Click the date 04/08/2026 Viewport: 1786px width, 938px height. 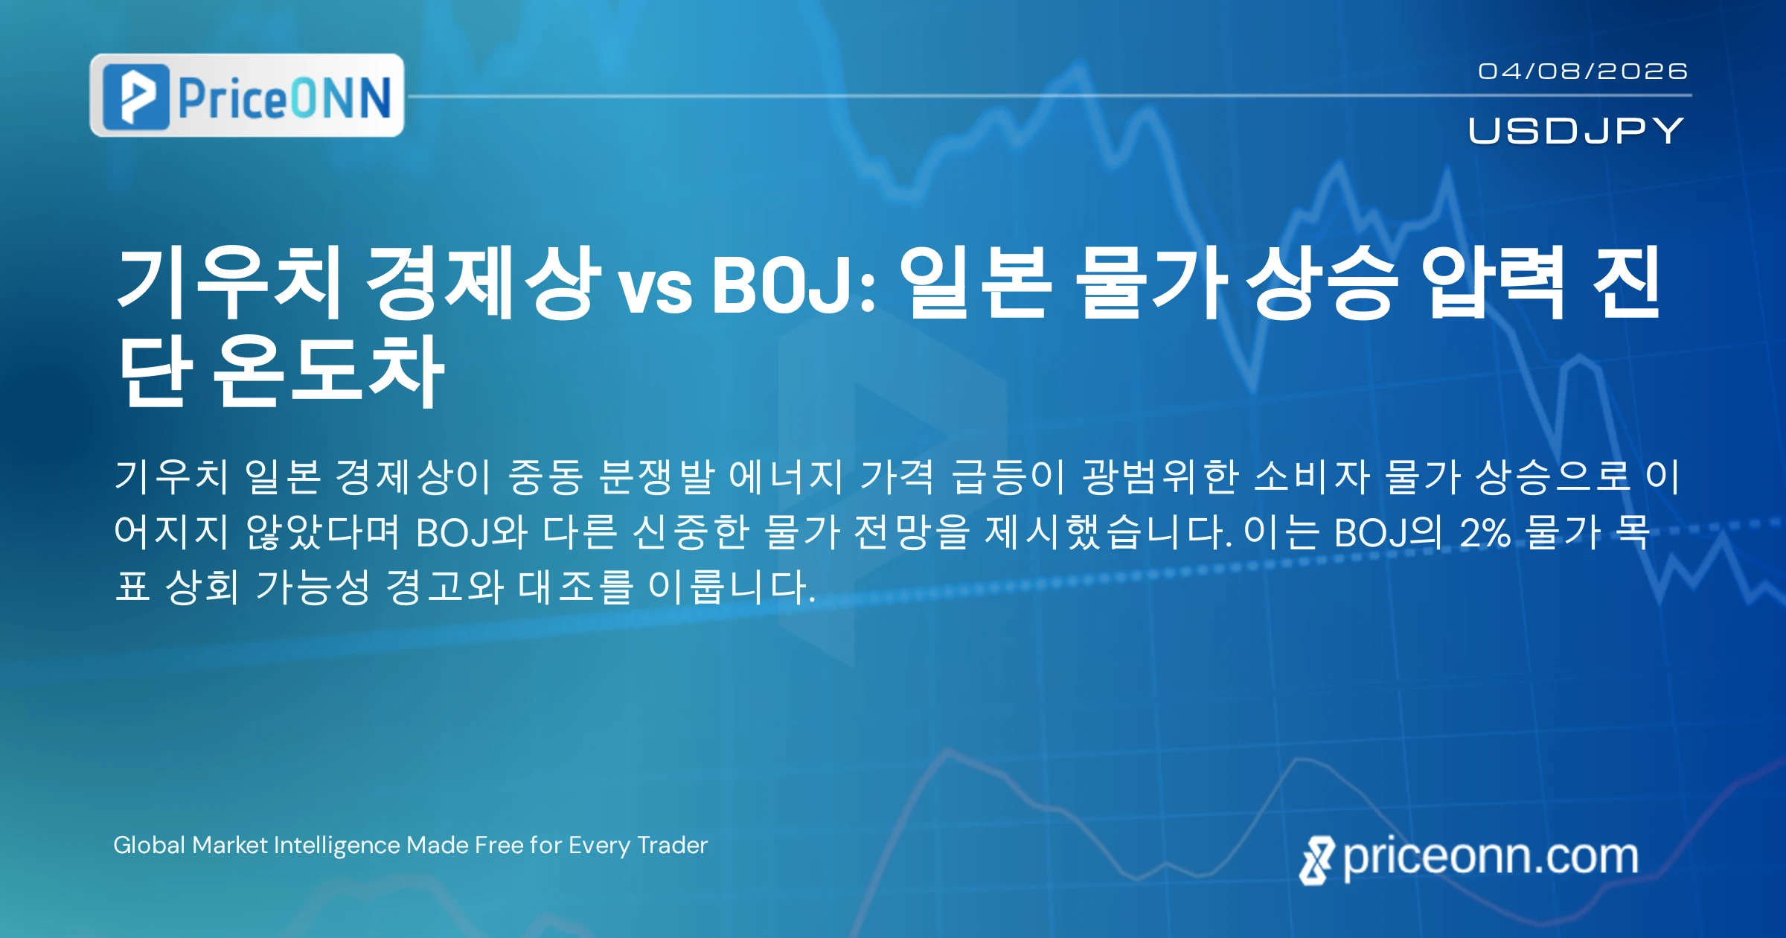[x=1582, y=71]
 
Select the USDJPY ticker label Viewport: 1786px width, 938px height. [x=1575, y=130]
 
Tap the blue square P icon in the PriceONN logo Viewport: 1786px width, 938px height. [x=135, y=96]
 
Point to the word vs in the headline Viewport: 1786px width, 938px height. [x=656, y=289]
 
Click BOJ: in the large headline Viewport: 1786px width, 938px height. [x=794, y=284]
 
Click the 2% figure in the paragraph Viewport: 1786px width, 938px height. [x=1485, y=532]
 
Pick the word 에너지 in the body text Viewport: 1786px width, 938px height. [x=786, y=476]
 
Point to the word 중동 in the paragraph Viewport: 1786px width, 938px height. [x=545, y=476]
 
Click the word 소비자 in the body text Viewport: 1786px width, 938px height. [x=1312, y=476]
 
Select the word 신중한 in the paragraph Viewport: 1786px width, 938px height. [x=690, y=532]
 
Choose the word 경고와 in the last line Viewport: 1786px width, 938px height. [x=444, y=587]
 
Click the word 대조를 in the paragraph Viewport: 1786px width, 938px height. [x=575, y=587]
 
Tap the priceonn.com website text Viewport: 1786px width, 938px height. [x=1491, y=858]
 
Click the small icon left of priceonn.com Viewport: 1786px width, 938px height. [x=1316, y=861]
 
